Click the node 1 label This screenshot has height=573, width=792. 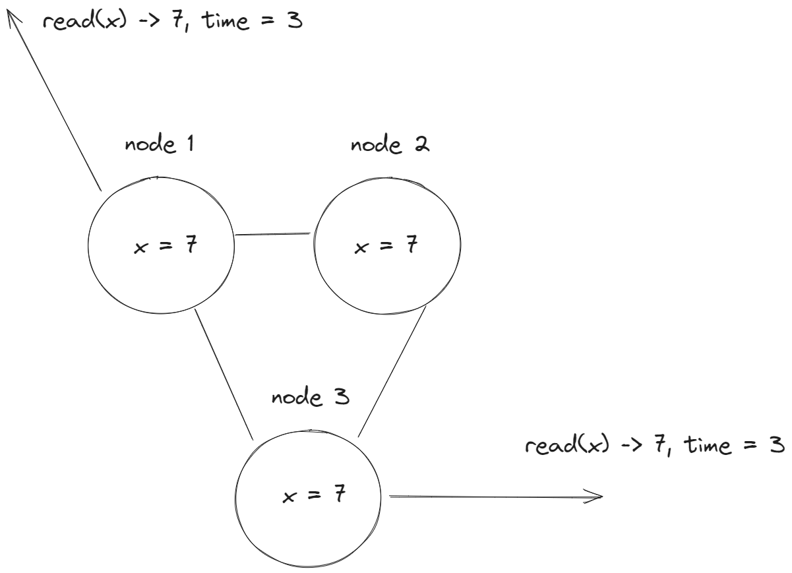159,145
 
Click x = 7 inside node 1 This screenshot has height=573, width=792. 164,249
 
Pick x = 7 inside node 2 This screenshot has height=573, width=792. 385,247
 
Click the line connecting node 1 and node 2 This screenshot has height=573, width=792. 273,233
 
